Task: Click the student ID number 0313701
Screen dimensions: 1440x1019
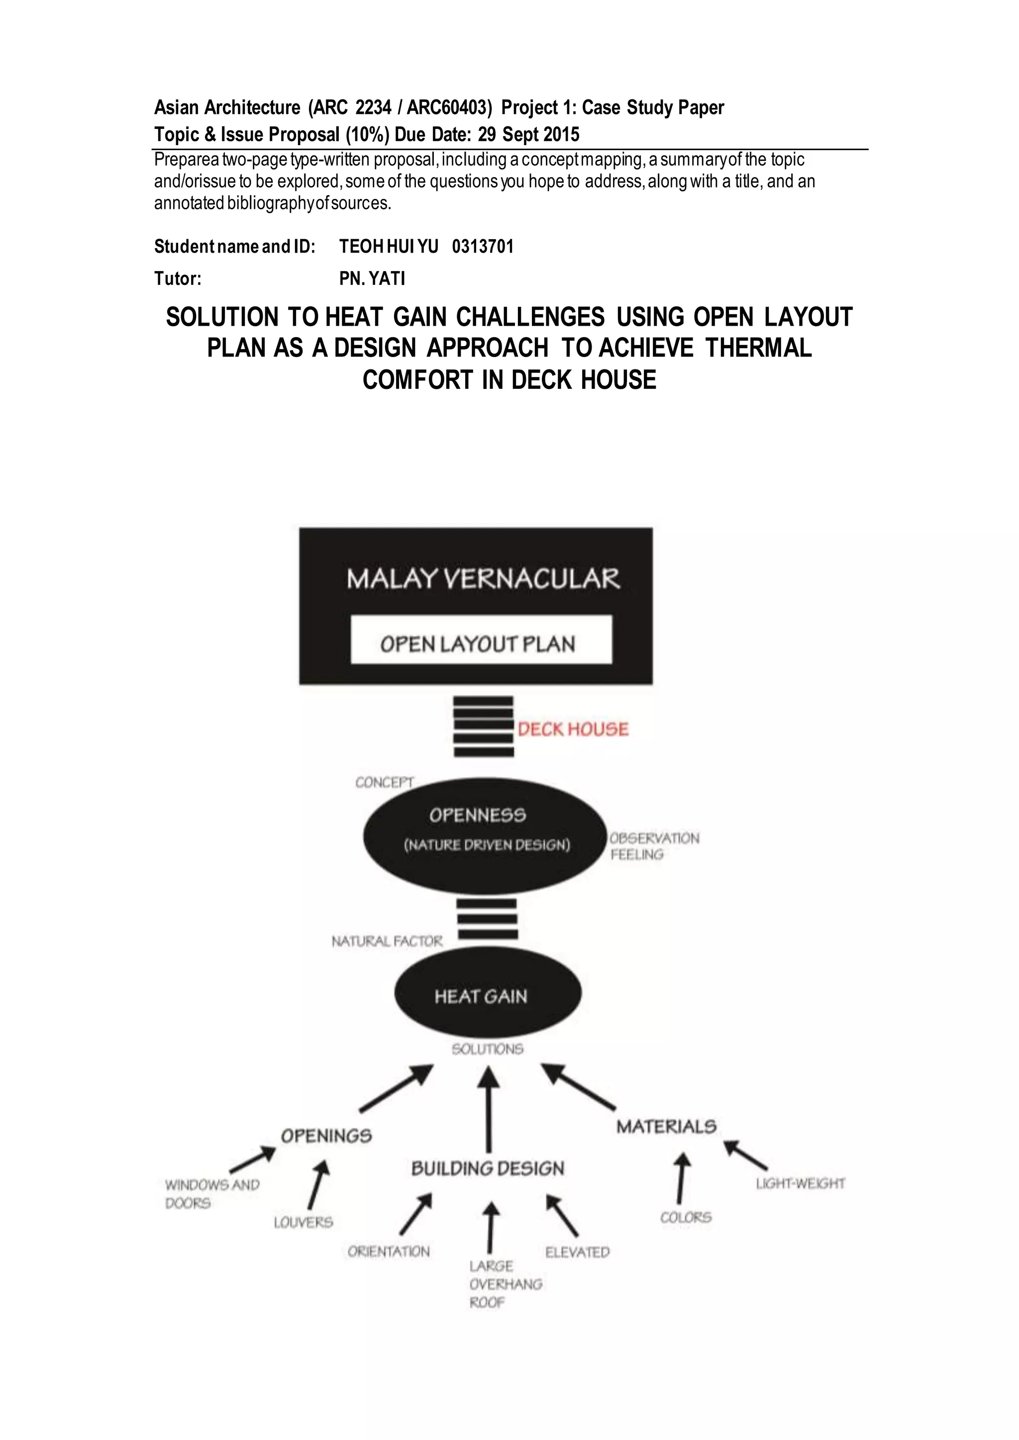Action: click(483, 247)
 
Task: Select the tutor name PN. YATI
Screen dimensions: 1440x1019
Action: click(372, 278)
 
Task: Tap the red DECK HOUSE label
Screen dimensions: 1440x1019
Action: click(573, 729)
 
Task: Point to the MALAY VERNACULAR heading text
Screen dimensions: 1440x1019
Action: click(483, 578)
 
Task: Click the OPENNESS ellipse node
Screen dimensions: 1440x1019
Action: click(485, 836)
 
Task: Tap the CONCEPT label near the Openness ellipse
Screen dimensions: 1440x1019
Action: click(384, 782)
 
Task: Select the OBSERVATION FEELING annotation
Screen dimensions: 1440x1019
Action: click(654, 846)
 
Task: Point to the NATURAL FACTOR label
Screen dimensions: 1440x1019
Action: click(387, 941)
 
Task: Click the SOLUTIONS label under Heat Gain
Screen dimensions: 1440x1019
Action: click(488, 1049)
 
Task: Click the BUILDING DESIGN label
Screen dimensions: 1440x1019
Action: click(488, 1169)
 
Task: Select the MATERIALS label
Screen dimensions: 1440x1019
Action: click(666, 1126)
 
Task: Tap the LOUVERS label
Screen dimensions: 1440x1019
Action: click(303, 1222)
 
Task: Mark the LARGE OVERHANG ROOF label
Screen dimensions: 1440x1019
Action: click(505, 1284)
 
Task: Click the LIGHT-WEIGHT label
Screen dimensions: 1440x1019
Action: click(800, 1183)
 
